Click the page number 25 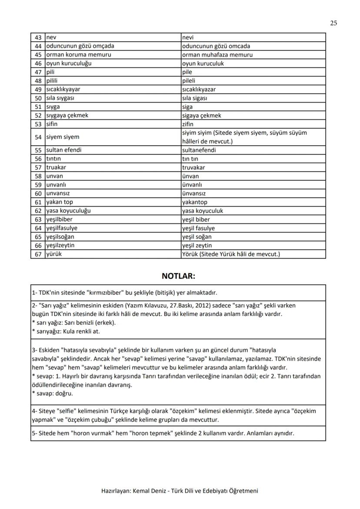pyautogui.click(x=333, y=23)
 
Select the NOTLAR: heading pyautogui.click(x=178, y=276)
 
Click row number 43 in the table pyautogui.click(x=38, y=37)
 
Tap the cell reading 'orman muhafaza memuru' pyautogui.click(x=217, y=55)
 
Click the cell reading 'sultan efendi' pyautogui.click(x=64, y=150)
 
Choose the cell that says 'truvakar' pyautogui.click(x=193, y=167)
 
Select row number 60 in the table pyautogui.click(x=38, y=193)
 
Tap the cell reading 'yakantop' pyautogui.click(x=195, y=202)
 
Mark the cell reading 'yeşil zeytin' pyautogui.click(x=197, y=246)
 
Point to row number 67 pyautogui.click(x=38, y=254)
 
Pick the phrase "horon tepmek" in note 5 pyautogui.click(x=153, y=433)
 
